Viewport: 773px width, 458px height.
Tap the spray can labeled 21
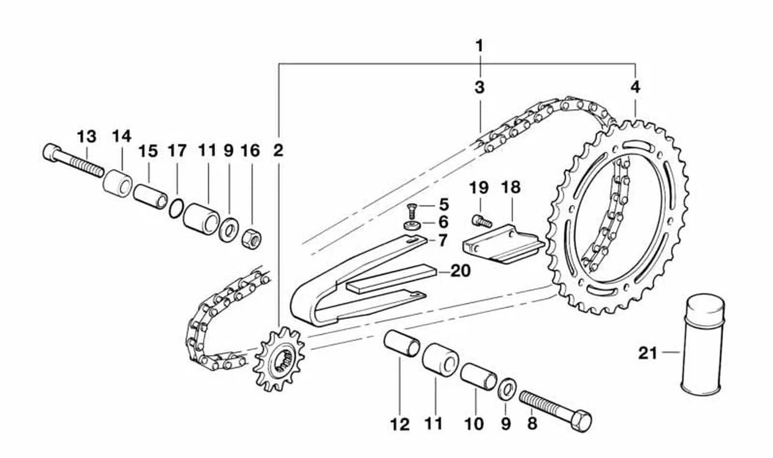tap(702, 344)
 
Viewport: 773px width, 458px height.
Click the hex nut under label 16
tap(252, 238)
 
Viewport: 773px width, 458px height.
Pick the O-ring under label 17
tap(177, 209)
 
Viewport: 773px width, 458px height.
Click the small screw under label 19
tap(481, 221)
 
